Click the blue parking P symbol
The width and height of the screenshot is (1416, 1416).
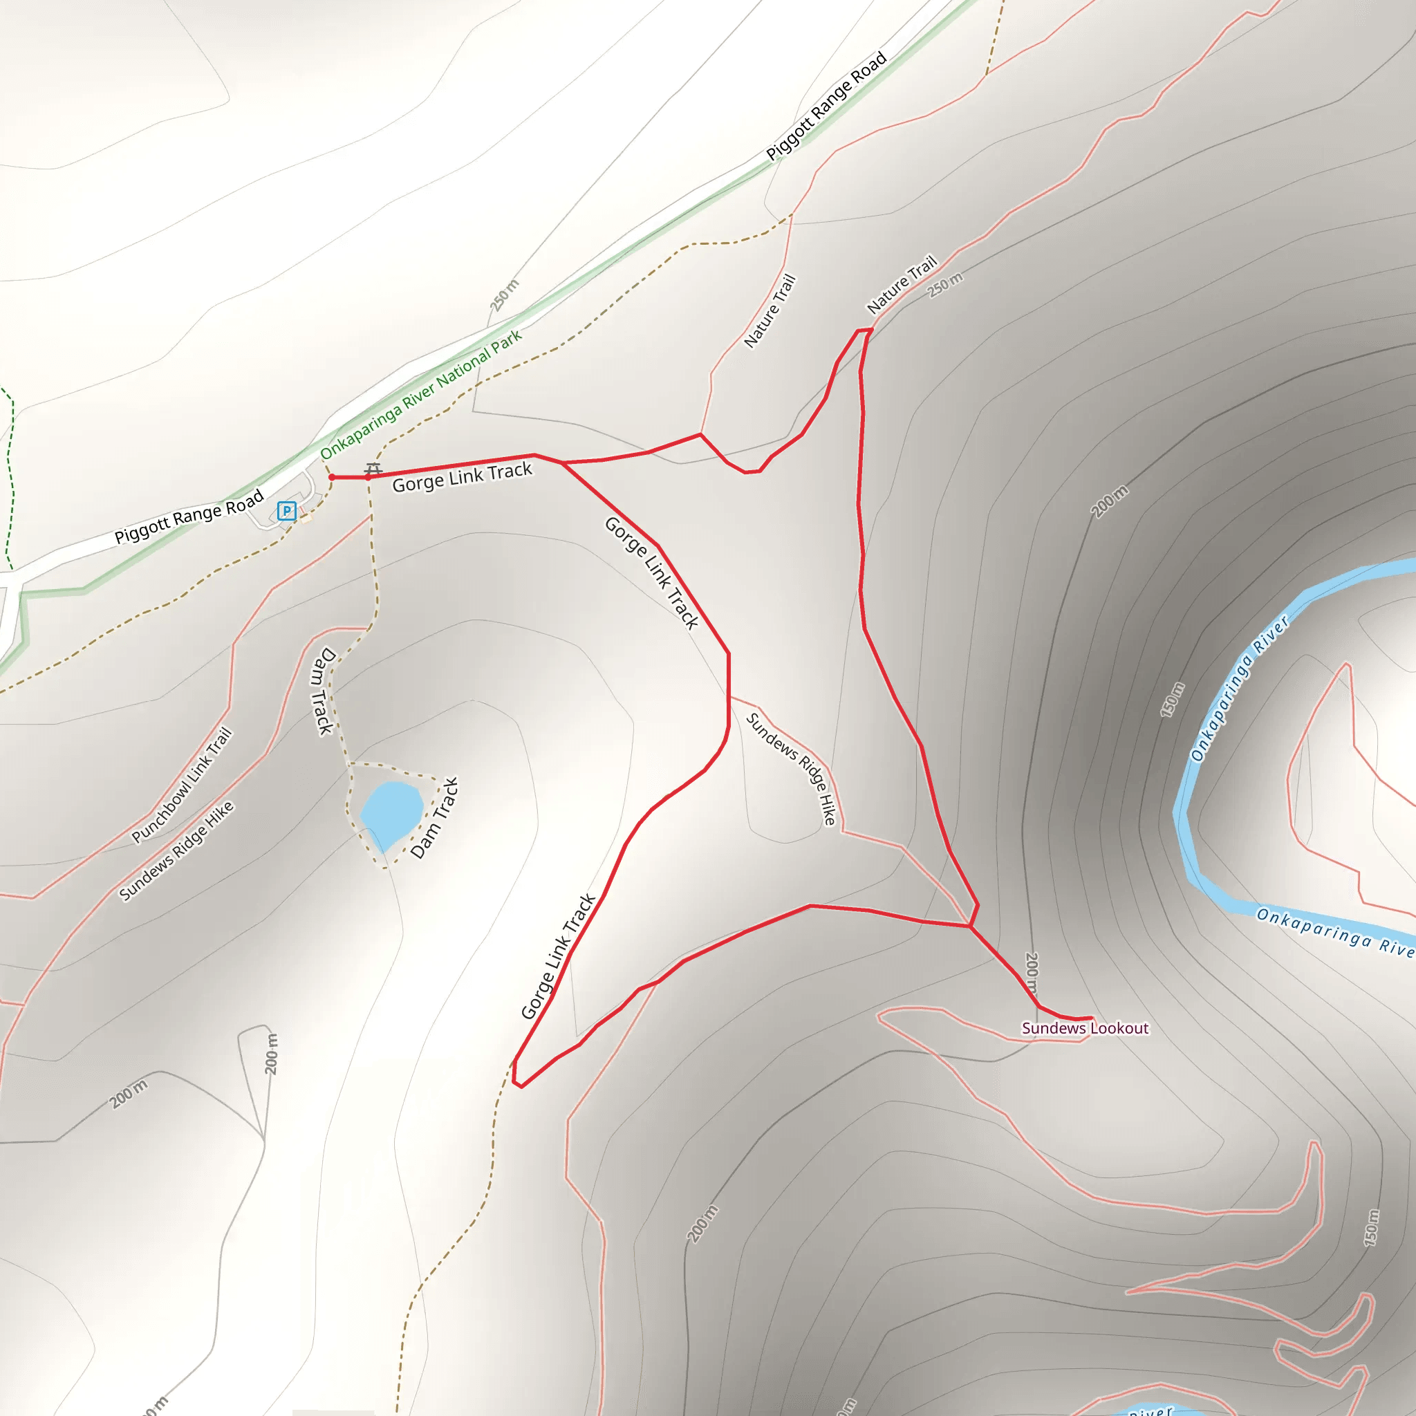286,511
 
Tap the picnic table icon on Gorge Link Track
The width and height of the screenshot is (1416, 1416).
374,469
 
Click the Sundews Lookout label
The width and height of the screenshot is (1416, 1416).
1085,1028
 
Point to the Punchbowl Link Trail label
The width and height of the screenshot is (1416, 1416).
182,785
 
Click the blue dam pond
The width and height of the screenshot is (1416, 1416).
391,813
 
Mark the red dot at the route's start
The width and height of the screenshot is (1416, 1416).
332,477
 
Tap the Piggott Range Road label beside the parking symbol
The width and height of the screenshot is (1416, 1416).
189,517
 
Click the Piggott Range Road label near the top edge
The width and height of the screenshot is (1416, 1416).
827,106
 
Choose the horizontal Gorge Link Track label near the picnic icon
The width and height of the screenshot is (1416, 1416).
462,477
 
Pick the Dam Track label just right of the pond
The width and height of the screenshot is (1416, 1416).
435,818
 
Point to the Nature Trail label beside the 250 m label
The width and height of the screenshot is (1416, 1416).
902,284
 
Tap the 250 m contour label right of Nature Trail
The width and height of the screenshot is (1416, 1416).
944,284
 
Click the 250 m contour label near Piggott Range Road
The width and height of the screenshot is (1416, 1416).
504,295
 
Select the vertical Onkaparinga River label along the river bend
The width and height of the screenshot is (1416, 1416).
1238,689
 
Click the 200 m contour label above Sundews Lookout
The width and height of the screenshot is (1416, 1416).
1031,975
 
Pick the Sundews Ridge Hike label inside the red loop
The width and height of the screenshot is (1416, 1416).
792,769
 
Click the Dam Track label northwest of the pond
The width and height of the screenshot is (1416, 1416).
322,691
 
